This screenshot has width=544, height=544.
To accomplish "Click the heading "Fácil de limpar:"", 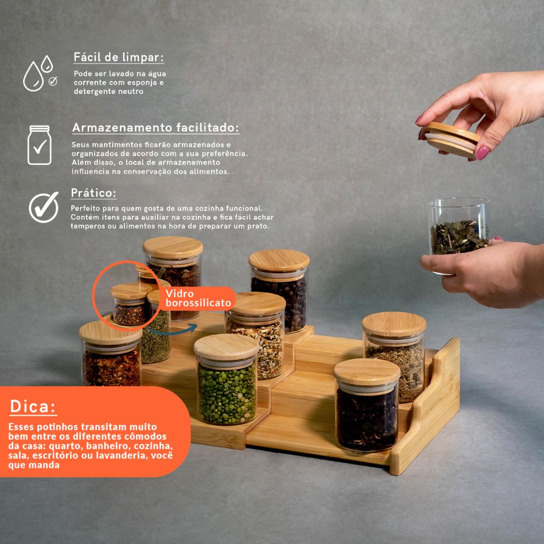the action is tap(119, 57).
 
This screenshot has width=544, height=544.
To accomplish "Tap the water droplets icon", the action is tap(40, 73).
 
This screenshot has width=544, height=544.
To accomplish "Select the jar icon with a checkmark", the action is tap(39, 145).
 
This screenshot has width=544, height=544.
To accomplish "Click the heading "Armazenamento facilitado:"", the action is tap(156, 128).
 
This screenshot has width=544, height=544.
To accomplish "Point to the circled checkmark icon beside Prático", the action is tap(44, 207).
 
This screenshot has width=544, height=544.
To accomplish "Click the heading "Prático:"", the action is tap(94, 193).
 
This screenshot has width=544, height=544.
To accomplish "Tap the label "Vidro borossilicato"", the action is tap(198, 298).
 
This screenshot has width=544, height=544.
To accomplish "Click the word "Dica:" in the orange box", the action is tap(33, 406).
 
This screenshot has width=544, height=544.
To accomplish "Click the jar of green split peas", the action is tap(226, 379).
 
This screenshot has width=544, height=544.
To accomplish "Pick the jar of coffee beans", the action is tap(279, 290).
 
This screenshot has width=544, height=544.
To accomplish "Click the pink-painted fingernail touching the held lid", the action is tap(483, 153).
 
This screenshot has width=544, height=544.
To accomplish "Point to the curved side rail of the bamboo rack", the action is tap(425, 406).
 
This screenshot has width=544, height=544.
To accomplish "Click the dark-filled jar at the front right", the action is tap(367, 405).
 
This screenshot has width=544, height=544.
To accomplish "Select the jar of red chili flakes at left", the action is tap(110, 354).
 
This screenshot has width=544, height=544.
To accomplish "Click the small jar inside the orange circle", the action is tap(131, 304).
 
